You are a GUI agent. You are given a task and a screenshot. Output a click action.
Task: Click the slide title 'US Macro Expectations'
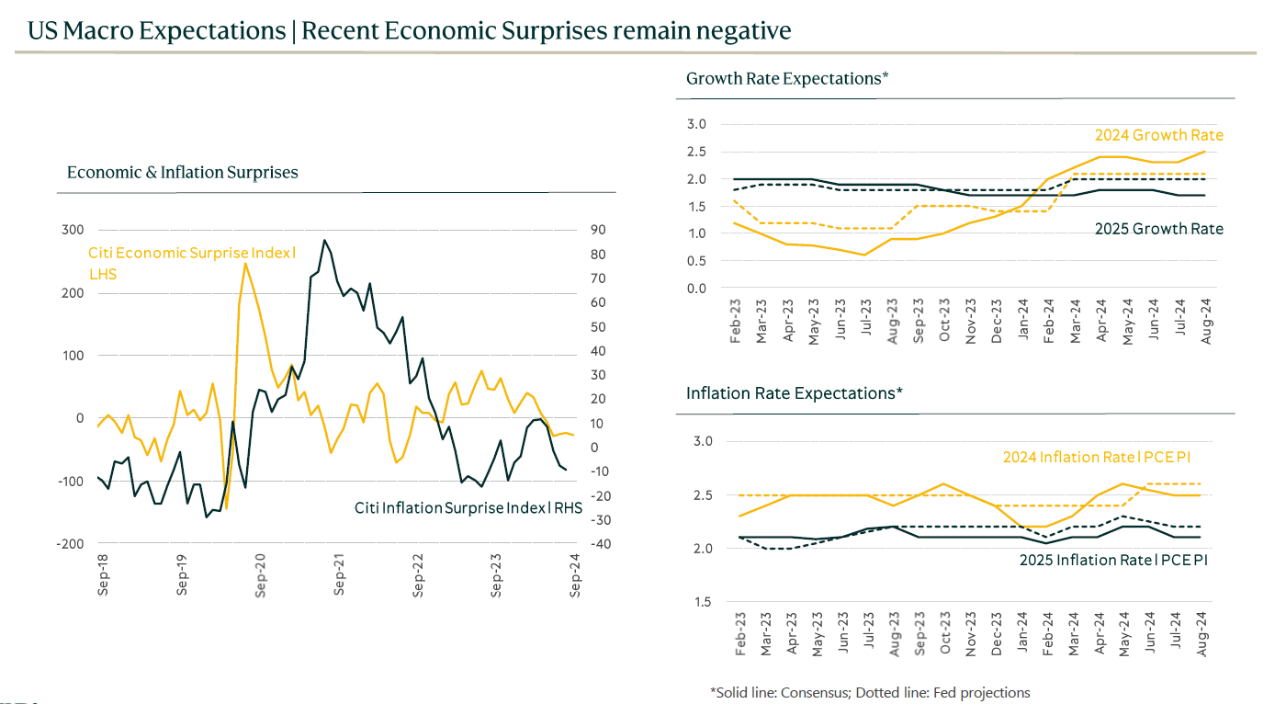click(156, 31)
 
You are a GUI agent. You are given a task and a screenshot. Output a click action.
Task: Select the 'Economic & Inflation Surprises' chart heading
click(183, 173)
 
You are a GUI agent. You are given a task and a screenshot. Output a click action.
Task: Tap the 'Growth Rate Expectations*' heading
click(787, 79)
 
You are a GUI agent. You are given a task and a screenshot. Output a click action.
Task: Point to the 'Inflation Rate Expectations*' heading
click(795, 393)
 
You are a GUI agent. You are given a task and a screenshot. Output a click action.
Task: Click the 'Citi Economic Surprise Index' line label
click(191, 254)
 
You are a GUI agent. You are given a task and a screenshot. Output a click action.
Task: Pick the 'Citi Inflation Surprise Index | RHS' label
click(468, 507)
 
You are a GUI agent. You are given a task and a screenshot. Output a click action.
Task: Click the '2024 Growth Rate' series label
click(1158, 136)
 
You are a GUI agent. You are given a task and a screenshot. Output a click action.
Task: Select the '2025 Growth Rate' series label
click(1158, 228)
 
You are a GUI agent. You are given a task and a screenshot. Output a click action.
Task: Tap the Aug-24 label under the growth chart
click(1205, 325)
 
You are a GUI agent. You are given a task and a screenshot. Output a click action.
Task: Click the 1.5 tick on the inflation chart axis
click(703, 602)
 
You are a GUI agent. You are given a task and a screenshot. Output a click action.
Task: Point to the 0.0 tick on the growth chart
click(696, 289)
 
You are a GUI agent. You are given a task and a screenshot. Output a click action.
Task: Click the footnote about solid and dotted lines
click(870, 693)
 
